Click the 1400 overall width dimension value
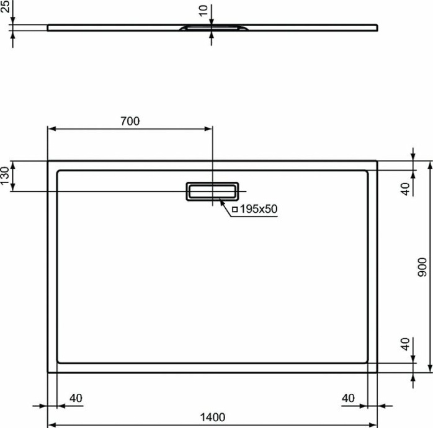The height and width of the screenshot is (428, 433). pos(212,417)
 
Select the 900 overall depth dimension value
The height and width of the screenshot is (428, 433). pos(422,267)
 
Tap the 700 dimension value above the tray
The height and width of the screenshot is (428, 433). pos(129,122)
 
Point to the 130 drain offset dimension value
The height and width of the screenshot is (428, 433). pos(5,176)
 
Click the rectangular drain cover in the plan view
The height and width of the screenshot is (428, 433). pos(212,191)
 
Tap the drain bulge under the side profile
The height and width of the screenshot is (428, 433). pos(212,29)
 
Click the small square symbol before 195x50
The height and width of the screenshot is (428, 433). pos(234,210)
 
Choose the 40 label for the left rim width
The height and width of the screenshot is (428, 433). pos(76,398)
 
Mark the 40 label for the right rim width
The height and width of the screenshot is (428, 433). pos(349,398)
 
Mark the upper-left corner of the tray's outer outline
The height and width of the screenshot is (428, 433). pos(48,161)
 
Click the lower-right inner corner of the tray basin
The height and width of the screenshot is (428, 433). pos(367,363)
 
